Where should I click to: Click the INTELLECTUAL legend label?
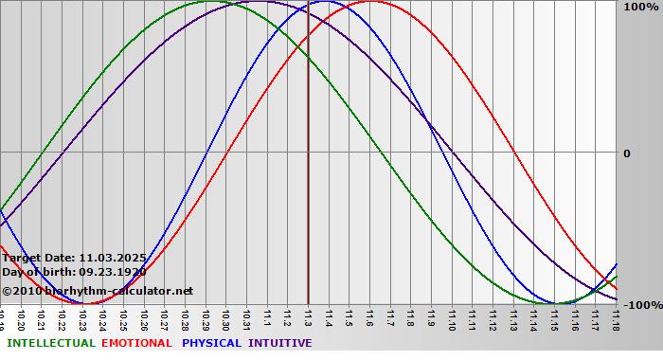[51, 343]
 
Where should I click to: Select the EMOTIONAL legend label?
[136, 343]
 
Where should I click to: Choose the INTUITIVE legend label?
[279, 343]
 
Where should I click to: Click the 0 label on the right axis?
[625, 153]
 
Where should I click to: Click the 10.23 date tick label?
[82, 318]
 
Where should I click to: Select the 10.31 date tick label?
[246, 318]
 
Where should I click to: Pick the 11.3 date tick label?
[308, 318]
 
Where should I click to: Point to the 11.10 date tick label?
[451, 318]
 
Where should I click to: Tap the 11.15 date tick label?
[554, 318]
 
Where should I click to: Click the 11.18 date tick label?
[616, 318]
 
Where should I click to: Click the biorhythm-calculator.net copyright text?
[98, 291]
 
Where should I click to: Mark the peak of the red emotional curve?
[370, 2]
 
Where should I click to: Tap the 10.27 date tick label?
[165, 318]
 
